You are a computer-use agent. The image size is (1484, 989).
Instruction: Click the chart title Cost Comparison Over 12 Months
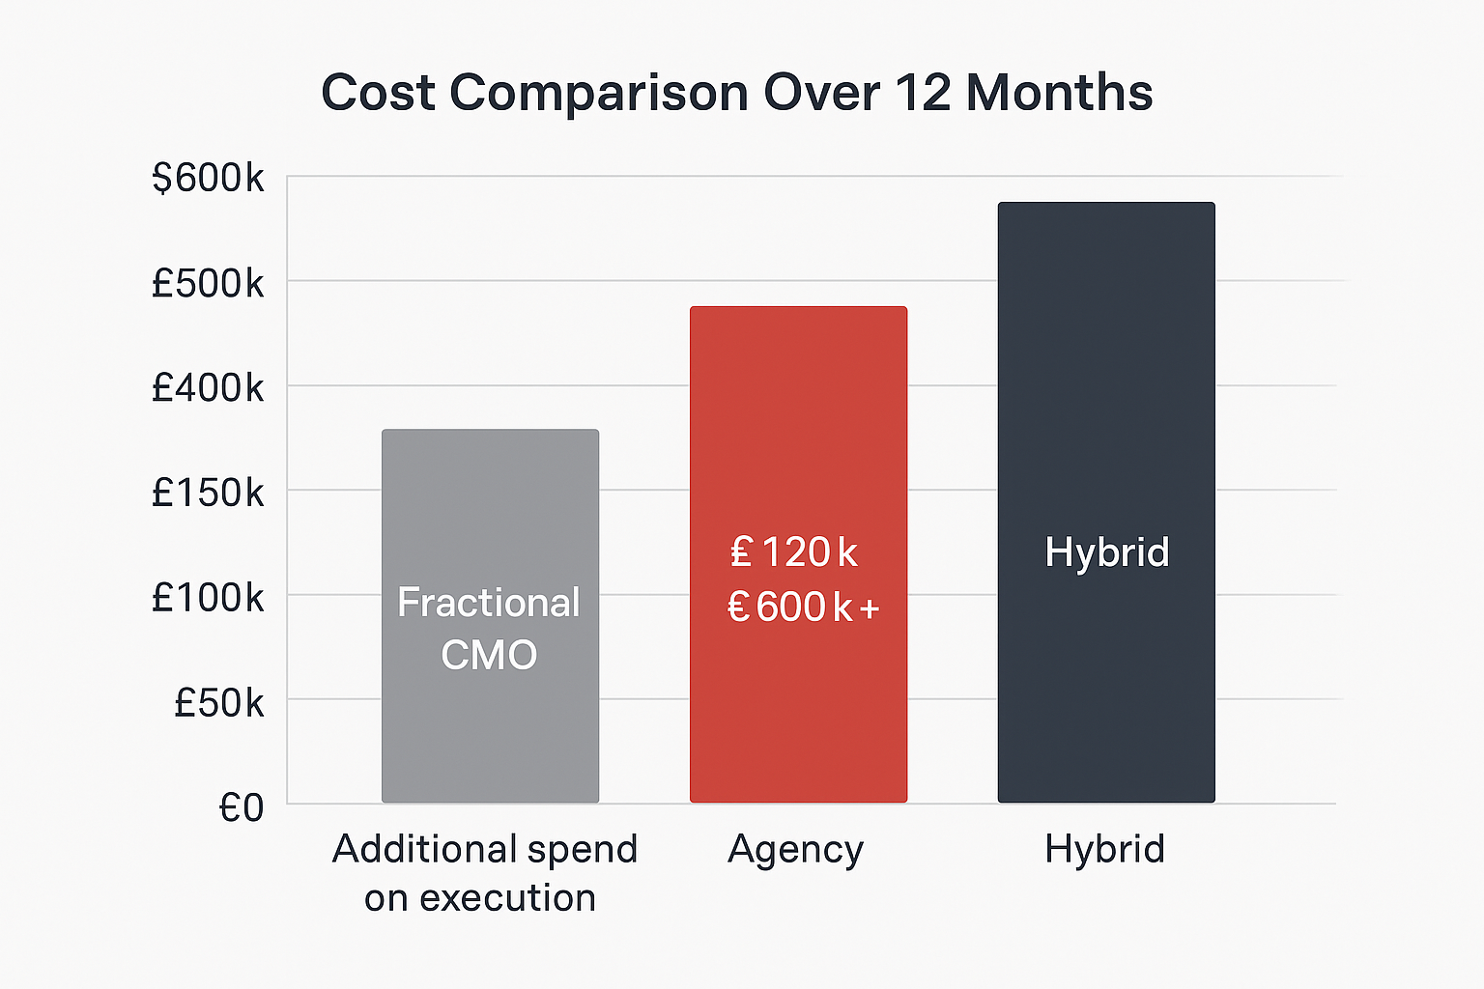click(x=736, y=94)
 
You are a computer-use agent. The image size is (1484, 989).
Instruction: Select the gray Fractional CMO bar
click(x=490, y=502)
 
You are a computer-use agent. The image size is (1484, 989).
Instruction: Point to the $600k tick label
click(x=208, y=179)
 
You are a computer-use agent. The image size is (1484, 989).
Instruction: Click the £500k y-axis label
click(x=208, y=283)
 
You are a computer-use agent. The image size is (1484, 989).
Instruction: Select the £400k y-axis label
click(x=208, y=388)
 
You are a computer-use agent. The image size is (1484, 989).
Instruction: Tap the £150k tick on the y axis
click(x=208, y=494)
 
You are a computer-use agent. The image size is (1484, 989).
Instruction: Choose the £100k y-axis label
click(x=208, y=599)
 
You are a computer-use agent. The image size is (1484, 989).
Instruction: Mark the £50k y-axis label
click(x=218, y=703)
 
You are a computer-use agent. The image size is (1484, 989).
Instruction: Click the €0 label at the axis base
click(x=241, y=807)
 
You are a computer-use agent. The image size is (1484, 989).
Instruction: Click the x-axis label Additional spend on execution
click(x=484, y=873)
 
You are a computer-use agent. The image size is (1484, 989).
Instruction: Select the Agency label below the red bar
click(x=795, y=850)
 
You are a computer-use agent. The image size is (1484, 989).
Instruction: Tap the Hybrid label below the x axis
click(x=1104, y=850)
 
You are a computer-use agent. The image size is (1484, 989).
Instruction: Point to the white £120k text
click(x=794, y=552)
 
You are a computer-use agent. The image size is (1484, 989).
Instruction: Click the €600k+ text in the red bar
click(x=803, y=608)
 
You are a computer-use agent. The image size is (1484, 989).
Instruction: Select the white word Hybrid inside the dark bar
click(x=1106, y=552)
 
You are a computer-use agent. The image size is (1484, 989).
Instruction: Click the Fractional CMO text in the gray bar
click(x=489, y=629)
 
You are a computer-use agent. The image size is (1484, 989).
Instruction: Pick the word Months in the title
click(x=1059, y=94)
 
